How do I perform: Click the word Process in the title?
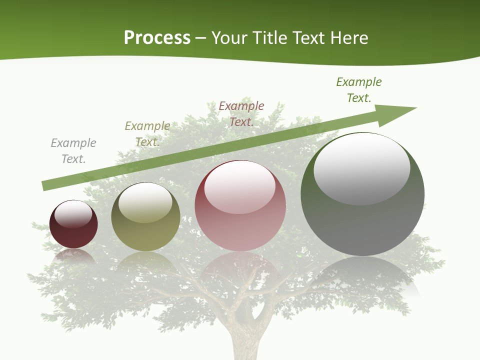point(157,38)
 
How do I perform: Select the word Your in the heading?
point(228,38)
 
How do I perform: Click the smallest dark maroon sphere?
point(73,232)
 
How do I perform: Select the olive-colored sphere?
point(145,230)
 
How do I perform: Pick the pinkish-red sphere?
point(240,225)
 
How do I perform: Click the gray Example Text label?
point(73,151)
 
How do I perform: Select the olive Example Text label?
point(147,134)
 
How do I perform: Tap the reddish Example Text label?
point(241,113)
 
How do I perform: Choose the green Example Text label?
point(359,90)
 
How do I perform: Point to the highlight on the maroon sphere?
point(73,214)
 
